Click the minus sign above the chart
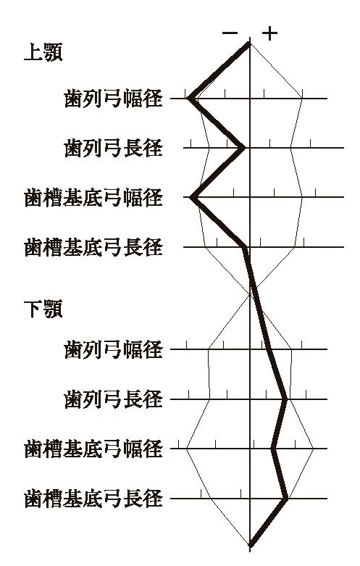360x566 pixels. (x=230, y=33)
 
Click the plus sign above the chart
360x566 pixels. (x=270, y=33)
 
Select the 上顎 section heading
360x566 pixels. (x=43, y=52)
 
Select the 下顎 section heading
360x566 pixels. (x=43, y=309)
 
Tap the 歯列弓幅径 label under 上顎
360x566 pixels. (x=113, y=99)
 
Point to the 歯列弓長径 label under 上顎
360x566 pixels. (x=113, y=148)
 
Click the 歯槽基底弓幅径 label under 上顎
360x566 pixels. (x=93, y=197)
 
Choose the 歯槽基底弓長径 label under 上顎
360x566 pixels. (x=93, y=247)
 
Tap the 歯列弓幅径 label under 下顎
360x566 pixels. (x=113, y=349)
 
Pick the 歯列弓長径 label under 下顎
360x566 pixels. (x=113, y=399)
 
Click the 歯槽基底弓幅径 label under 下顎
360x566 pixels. (x=93, y=449)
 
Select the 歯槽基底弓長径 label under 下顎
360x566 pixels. (x=93, y=499)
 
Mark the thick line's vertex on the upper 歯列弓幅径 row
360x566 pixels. (x=189, y=98)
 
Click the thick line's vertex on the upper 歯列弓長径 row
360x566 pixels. (x=243, y=148)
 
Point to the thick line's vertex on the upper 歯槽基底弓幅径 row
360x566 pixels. (x=191, y=197)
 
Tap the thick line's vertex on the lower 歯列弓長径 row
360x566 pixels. (x=286, y=399)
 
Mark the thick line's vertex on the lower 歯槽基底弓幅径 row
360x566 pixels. (x=273, y=449)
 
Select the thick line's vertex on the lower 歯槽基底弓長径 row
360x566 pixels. (x=286, y=499)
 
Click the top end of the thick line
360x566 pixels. (x=249, y=43)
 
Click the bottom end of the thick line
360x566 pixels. (x=251, y=545)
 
